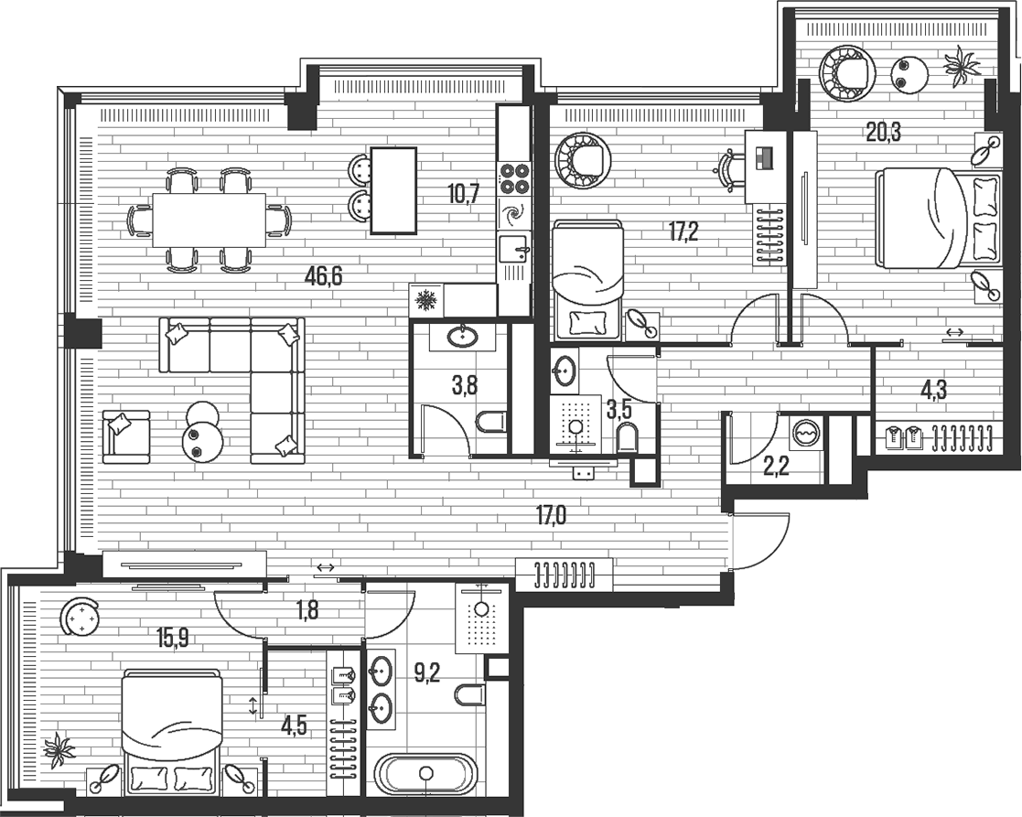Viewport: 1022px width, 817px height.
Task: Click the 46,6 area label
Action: (323, 276)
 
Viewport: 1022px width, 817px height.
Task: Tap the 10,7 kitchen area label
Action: (464, 193)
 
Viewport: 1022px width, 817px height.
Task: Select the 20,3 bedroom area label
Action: (883, 133)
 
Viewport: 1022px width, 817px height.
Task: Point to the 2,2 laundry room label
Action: (776, 467)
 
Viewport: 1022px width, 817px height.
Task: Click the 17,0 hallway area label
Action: (552, 516)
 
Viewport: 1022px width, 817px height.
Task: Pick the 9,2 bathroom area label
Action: (427, 672)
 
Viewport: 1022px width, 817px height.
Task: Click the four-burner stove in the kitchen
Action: (514, 178)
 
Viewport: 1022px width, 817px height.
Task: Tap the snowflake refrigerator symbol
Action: (426, 300)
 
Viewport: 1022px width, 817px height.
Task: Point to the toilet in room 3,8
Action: (490, 423)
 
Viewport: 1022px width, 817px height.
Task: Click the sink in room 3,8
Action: (463, 336)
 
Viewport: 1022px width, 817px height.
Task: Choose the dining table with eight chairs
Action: (210, 220)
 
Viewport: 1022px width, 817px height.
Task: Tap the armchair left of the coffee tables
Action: (125, 436)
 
